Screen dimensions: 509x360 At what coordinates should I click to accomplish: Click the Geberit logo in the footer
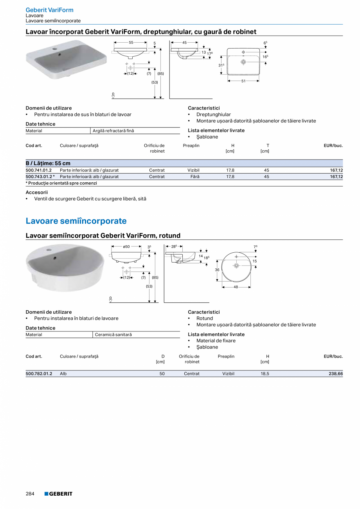click(58, 494)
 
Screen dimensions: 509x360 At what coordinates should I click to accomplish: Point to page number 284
click(30, 494)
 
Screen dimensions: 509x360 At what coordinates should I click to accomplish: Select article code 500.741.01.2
click(39, 170)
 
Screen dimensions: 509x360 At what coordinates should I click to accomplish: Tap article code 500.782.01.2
click(39, 374)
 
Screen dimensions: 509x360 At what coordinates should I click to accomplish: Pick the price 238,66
click(335, 374)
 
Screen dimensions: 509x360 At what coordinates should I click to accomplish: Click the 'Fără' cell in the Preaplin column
click(195, 176)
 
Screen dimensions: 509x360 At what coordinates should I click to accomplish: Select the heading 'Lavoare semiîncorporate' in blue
click(76, 221)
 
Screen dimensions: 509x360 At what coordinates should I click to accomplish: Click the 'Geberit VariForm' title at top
click(49, 10)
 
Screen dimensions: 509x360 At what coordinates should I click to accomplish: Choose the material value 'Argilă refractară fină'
click(113, 131)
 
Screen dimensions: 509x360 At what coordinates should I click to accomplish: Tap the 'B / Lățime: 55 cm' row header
click(48, 163)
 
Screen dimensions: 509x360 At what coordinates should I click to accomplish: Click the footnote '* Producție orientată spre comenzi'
click(61, 183)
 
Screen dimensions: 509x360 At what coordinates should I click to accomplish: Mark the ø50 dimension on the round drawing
click(126, 246)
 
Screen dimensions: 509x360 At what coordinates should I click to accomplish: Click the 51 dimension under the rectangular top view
click(243, 81)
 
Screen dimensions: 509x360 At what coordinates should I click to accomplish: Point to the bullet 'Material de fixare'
click(216, 340)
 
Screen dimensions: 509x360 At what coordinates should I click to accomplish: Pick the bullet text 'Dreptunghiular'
click(213, 115)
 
